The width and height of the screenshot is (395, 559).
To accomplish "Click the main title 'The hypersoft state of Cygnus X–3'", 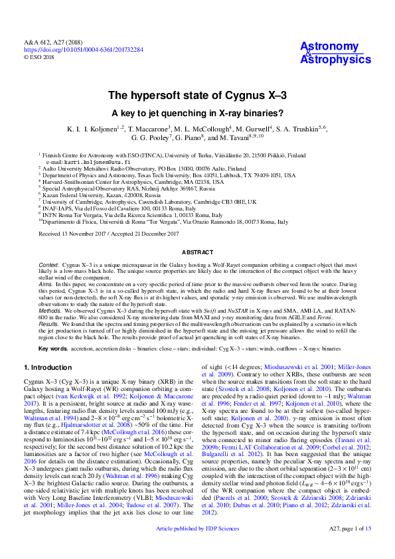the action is tap(197, 96).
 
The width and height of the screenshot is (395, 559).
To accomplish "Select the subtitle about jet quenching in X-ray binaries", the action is tap(197, 112).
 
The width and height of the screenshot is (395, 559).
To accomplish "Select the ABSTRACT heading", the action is tap(197, 253).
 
